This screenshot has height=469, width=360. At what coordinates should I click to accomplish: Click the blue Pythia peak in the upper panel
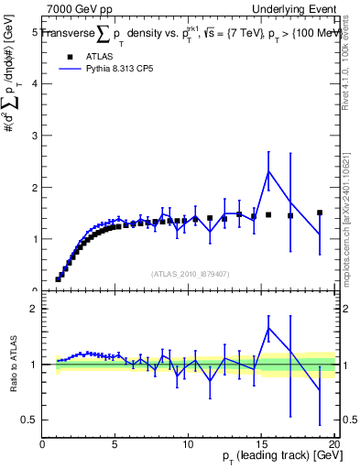[x=268, y=171]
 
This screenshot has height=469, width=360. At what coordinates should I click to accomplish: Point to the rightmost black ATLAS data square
[x=320, y=213]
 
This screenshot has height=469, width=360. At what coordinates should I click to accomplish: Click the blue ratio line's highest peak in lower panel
[x=268, y=328]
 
